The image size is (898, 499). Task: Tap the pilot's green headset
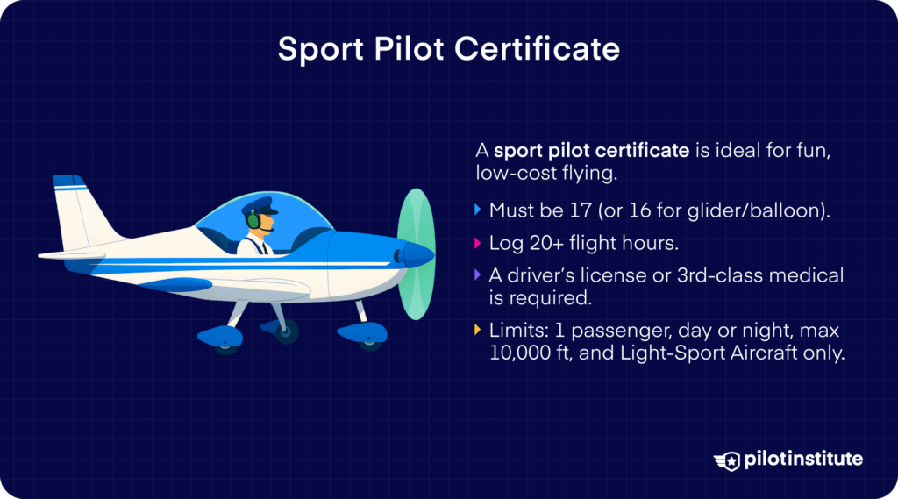(x=253, y=219)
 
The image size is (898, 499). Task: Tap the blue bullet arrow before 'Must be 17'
(x=477, y=210)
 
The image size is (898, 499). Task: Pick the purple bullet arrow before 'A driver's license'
(x=477, y=275)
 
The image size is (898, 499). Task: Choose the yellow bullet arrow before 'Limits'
(x=477, y=330)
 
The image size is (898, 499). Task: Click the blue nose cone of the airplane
(x=419, y=254)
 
